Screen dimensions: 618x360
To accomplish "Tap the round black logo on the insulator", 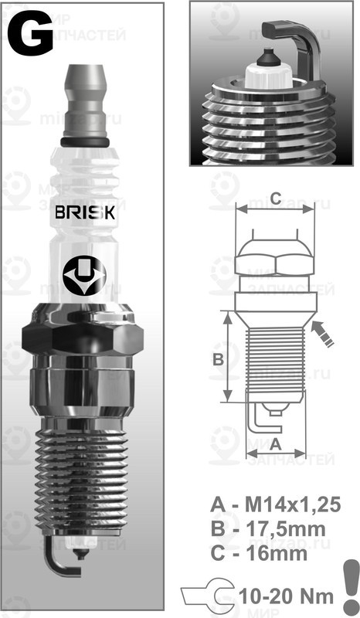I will [85, 274].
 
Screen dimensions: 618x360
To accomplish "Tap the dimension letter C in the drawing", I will [276, 195].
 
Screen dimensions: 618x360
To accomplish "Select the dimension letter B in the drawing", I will [218, 358].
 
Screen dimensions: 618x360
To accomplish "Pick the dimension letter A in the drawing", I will [275, 443].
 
